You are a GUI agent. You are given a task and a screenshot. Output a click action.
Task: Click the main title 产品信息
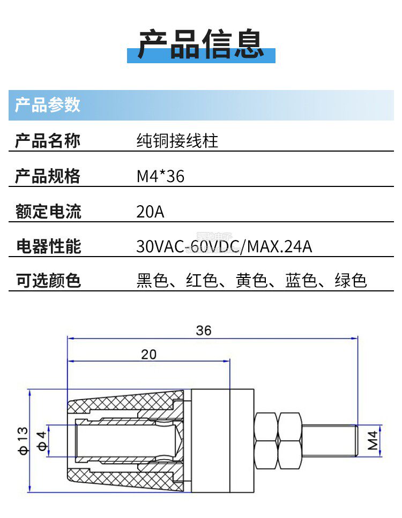(201, 43)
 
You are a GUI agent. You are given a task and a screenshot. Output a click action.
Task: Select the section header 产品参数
(47, 104)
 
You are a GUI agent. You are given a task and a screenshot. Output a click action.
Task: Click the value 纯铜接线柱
(177, 141)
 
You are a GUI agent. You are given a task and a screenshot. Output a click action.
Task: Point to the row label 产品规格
(48, 176)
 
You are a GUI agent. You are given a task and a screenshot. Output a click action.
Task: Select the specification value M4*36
(160, 176)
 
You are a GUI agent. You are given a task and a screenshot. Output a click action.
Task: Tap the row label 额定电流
(48, 211)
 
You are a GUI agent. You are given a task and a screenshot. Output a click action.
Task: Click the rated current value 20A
(150, 212)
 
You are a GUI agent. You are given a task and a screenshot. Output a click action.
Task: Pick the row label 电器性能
(48, 246)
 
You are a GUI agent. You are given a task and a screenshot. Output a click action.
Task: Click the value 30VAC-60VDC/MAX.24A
(224, 247)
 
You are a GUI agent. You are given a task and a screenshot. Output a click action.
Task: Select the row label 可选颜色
(48, 280)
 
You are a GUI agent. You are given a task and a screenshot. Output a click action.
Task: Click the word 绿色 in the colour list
(351, 280)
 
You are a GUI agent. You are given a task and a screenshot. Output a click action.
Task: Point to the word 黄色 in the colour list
(252, 280)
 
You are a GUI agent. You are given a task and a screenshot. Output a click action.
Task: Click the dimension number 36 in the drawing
(204, 331)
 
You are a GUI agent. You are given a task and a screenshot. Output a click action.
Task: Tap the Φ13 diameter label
(23, 440)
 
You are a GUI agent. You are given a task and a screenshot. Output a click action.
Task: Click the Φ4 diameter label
(40, 441)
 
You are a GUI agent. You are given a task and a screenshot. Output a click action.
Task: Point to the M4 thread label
(373, 440)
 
